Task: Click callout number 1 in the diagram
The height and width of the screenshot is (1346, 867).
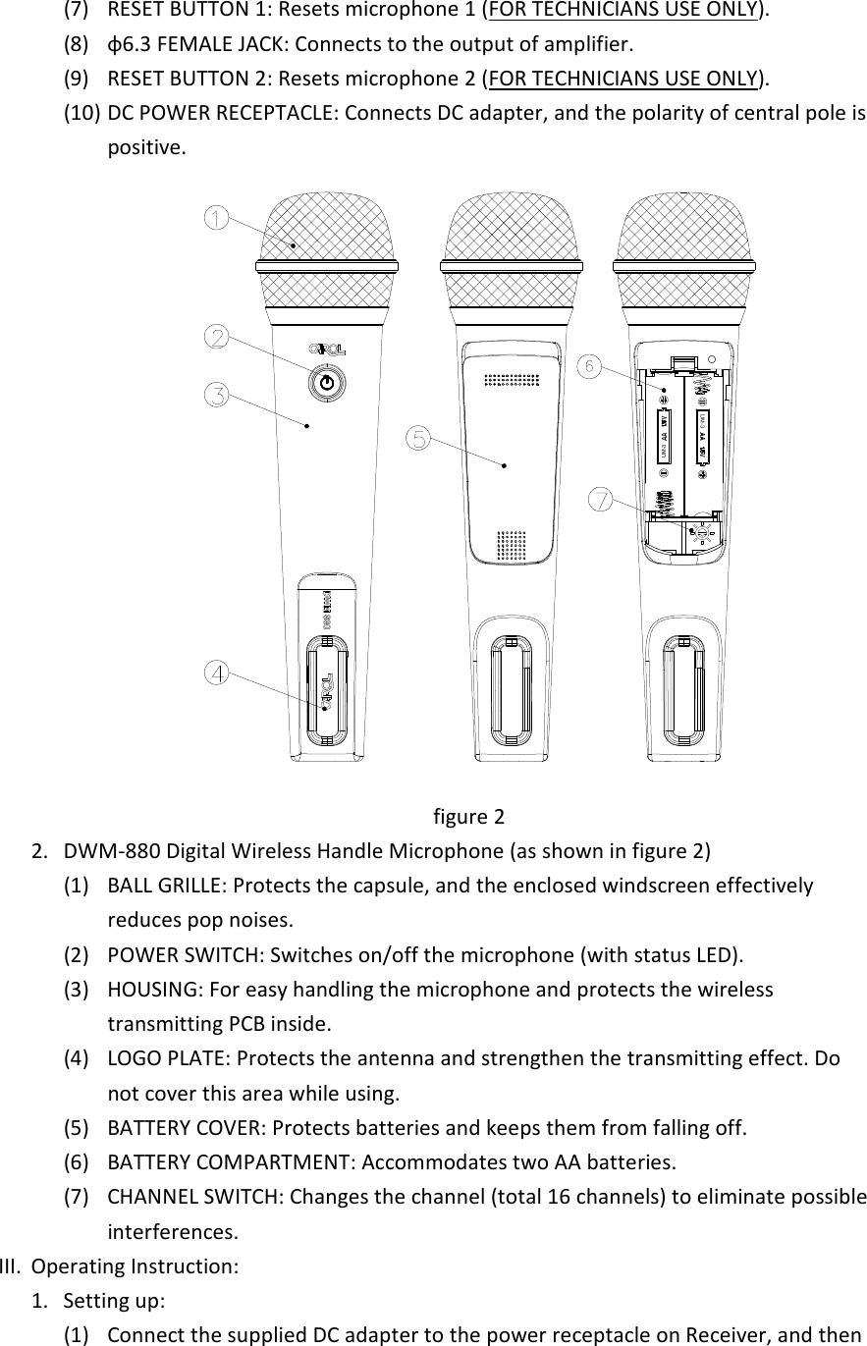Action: tap(216, 217)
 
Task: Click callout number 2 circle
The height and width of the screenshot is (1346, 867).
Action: tap(216, 337)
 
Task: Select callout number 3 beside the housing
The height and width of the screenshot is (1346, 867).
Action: tap(216, 396)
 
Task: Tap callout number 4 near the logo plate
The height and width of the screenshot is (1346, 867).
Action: tap(216, 673)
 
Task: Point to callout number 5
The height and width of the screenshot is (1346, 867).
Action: tap(419, 438)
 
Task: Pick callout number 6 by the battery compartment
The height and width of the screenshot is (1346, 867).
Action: tap(588, 365)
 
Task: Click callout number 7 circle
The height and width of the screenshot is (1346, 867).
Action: tap(600, 500)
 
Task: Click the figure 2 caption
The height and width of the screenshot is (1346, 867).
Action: tap(468, 817)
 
